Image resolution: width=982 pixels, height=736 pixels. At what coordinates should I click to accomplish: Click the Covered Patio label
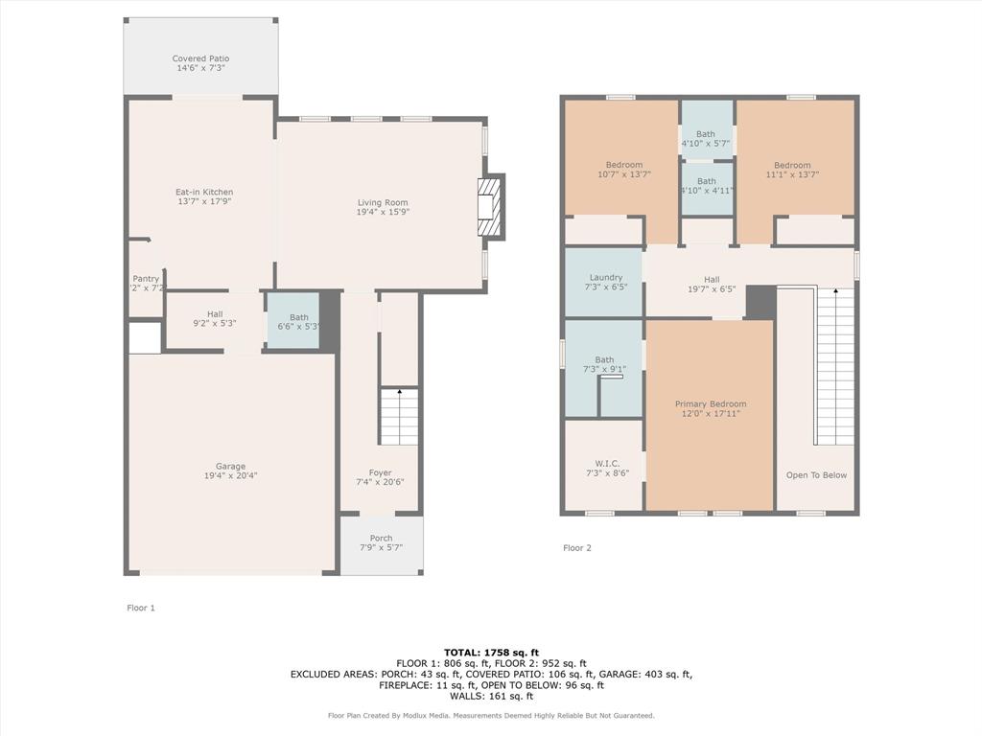point(200,58)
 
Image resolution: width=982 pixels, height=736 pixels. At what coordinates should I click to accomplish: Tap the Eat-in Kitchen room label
point(205,192)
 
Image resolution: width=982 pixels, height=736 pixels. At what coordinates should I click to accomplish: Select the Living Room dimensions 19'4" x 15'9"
point(383,212)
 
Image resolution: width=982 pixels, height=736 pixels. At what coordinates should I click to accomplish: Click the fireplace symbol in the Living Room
point(490,206)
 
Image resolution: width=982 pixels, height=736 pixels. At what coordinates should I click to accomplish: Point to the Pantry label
point(146,279)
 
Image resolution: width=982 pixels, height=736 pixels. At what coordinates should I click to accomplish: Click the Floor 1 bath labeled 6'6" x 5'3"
point(299,322)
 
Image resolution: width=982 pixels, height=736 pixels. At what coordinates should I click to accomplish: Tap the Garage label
point(230,467)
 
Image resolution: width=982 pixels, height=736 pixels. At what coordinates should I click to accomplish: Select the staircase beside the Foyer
point(399,416)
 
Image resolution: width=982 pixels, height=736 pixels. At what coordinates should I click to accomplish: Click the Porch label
point(381,539)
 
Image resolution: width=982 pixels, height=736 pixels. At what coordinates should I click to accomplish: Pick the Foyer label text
point(381,472)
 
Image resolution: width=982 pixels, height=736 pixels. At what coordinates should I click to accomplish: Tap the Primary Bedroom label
point(710,404)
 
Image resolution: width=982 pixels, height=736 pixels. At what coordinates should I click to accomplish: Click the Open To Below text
point(816,475)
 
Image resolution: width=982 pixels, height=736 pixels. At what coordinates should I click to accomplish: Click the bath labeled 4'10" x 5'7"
point(706,139)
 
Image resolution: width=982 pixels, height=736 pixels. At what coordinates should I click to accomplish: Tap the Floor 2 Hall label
point(711,279)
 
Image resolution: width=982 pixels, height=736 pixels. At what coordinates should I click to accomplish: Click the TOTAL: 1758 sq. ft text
point(490,652)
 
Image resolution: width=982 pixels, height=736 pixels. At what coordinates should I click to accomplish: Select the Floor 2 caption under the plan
point(577,548)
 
